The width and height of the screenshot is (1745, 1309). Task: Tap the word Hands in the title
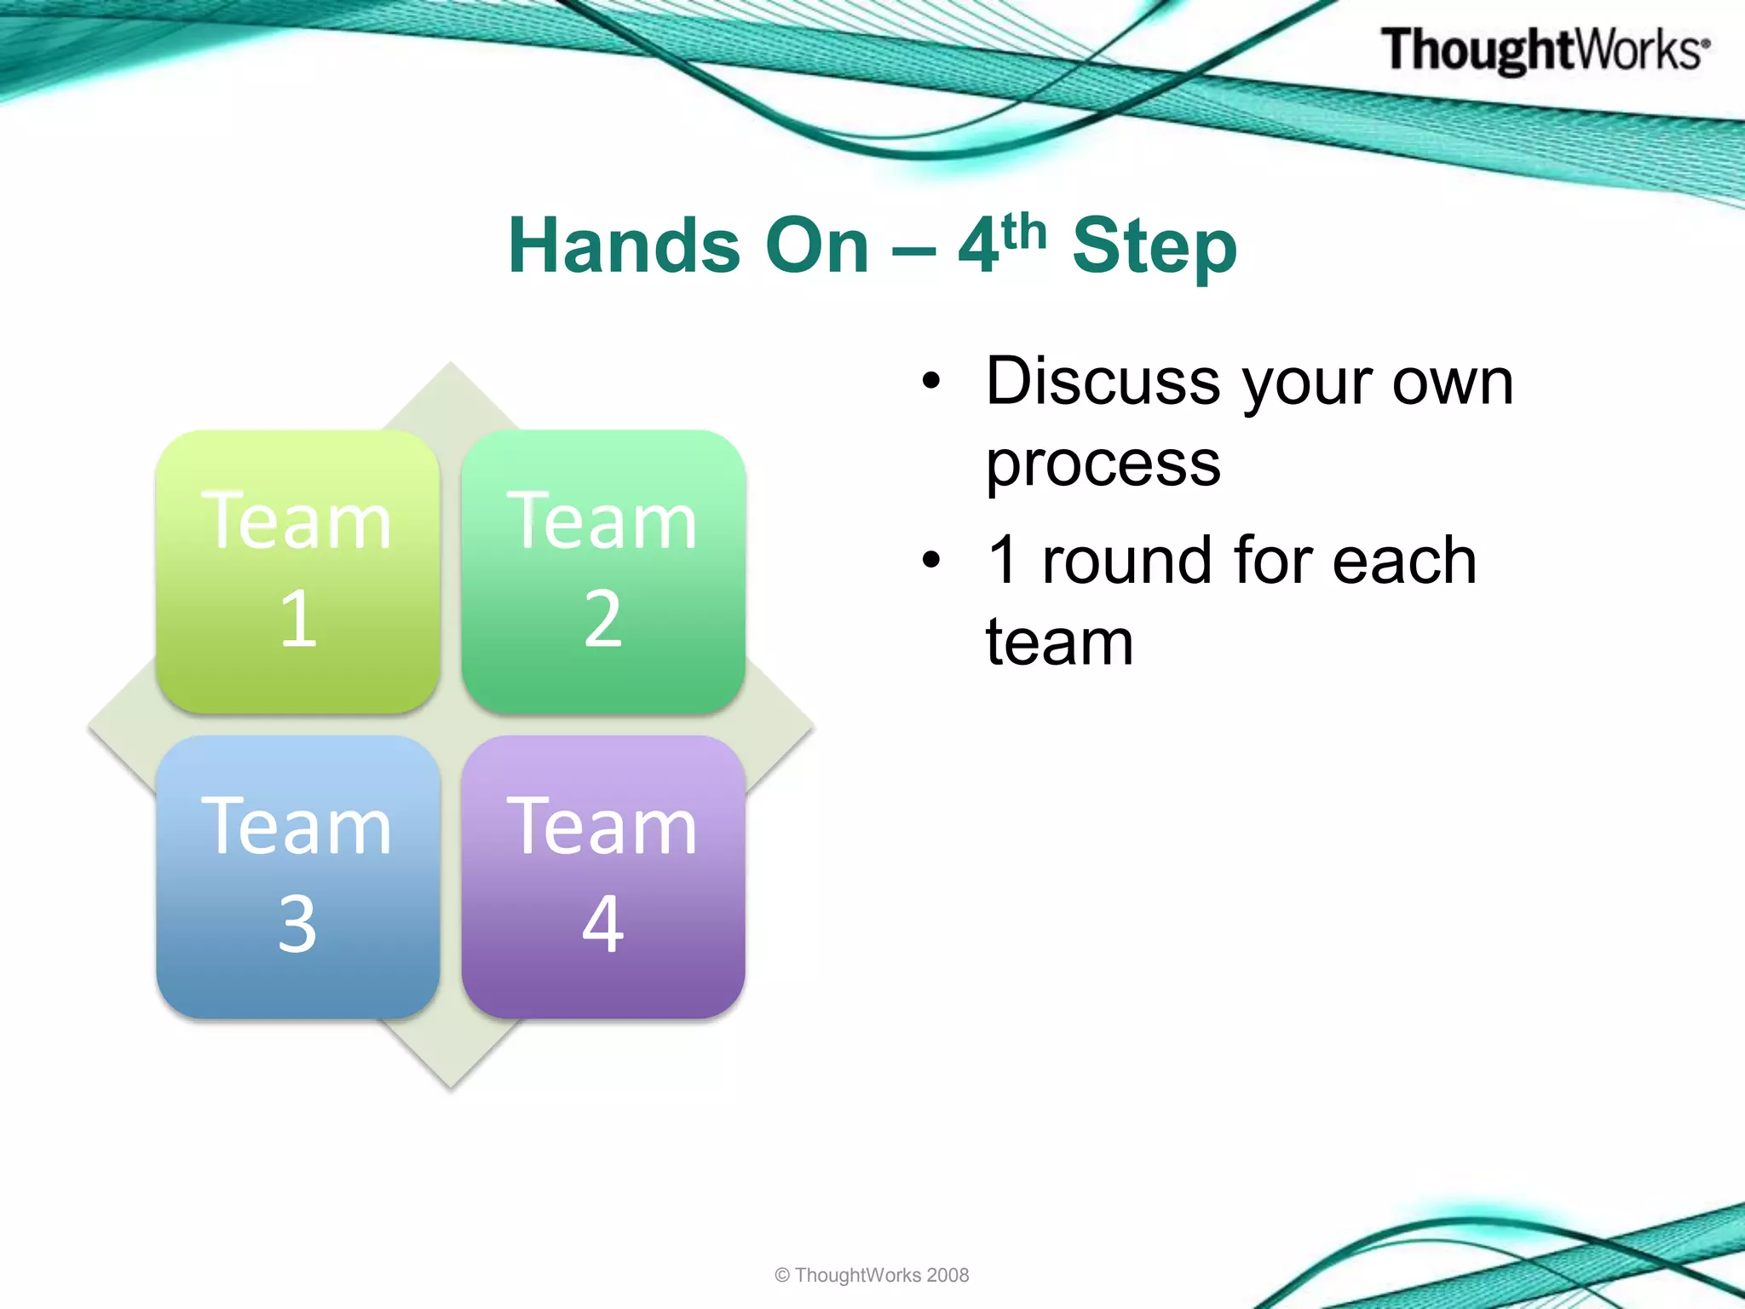(625, 245)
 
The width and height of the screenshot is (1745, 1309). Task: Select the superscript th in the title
(1024, 231)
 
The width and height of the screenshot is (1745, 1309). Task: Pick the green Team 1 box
(298, 571)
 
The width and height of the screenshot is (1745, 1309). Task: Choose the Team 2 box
(603, 571)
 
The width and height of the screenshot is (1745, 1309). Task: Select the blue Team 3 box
(298, 877)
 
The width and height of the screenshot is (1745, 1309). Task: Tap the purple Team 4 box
(603, 877)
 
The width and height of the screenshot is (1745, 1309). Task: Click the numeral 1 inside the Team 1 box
(298, 619)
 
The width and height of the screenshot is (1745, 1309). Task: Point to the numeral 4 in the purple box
(603, 924)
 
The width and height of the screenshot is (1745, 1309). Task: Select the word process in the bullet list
(1103, 465)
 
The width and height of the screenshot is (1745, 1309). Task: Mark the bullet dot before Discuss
(932, 382)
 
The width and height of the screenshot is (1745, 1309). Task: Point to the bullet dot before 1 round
(932, 561)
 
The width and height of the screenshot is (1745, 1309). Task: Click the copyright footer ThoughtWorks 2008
(872, 1275)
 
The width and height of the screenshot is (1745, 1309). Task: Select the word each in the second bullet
(1404, 560)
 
